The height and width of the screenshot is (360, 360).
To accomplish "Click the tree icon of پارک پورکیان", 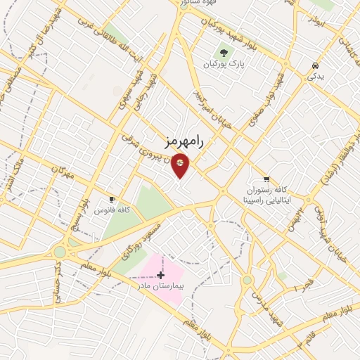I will pos(224,52).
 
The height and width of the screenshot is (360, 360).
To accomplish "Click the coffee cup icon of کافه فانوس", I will pos(112,200).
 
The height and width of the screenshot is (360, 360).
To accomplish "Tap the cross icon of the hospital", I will pos(160,274).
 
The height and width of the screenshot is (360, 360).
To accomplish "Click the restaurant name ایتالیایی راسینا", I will pos(265,200).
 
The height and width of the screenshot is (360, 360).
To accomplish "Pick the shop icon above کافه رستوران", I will pos(266,179).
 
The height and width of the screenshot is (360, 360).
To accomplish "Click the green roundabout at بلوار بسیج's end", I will pos(60,252).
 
